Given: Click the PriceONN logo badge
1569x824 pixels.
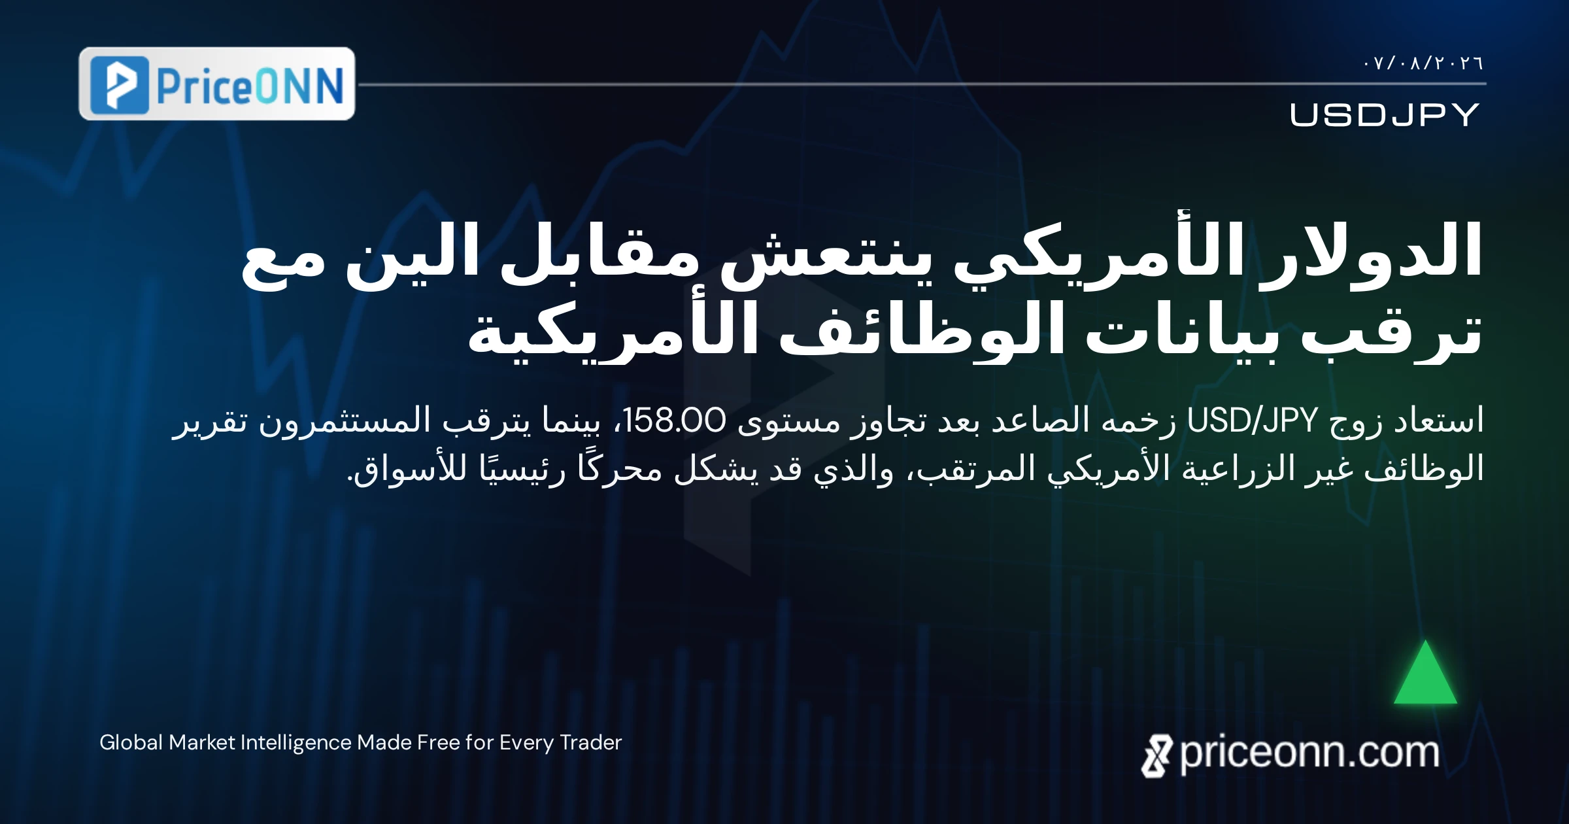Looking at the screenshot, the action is (x=217, y=84).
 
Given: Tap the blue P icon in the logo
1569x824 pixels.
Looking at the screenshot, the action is (x=120, y=85).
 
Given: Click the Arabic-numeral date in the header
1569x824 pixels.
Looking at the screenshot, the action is (x=1423, y=63).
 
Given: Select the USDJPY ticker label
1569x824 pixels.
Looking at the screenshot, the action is (x=1385, y=115).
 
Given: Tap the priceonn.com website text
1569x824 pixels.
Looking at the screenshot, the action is (x=1309, y=753).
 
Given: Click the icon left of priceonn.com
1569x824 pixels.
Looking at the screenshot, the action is (x=1156, y=756).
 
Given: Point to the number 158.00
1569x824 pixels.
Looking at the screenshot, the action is (x=674, y=421).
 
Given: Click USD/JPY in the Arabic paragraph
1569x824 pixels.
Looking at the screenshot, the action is (x=1251, y=421).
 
